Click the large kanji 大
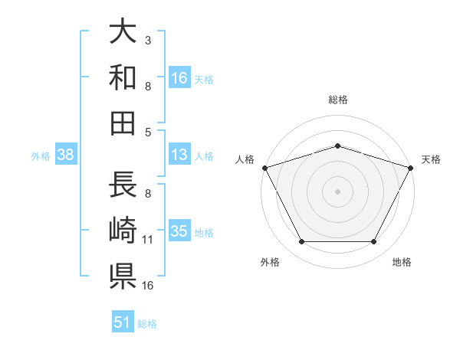click(x=123, y=31)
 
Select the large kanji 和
click(x=123, y=77)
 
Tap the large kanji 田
click(x=123, y=123)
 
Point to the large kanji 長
click(x=123, y=184)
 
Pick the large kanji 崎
click(x=123, y=230)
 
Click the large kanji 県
click(x=123, y=277)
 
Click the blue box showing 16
click(x=179, y=77)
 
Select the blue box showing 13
click(x=179, y=154)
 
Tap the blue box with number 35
click(x=179, y=230)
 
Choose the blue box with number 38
click(x=66, y=154)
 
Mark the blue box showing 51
click(x=123, y=321)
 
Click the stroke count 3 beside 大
click(x=148, y=41)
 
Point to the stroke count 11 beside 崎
click(x=147, y=240)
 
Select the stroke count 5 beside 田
click(x=148, y=133)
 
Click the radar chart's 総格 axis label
click(x=338, y=100)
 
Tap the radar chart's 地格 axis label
click(x=402, y=262)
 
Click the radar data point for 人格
click(x=265, y=168)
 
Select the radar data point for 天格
click(x=411, y=168)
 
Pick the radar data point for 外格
click(x=302, y=241)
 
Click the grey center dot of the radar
click(x=337, y=191)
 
